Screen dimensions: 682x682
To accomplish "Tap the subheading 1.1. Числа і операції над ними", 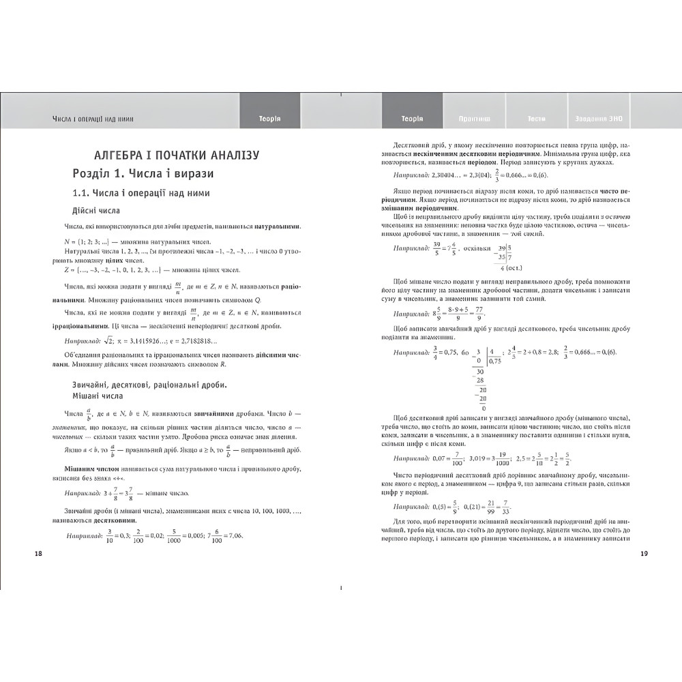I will pyautogui.click(x=141, y=193).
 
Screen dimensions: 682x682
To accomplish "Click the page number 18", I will pyautogui.click(x=38, y=553).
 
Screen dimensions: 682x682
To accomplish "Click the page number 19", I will pyautogui.click(x=644, y=553).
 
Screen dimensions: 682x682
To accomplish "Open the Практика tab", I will pyautogui.click(x=475, y=119).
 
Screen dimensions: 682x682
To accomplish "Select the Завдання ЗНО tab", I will pyautogui.click(x=598, y=119).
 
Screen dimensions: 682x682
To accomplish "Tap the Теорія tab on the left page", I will pyautogui.click(x=270, y=119).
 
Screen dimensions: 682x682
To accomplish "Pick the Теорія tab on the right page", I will pyautogui.click(x=413, y=119).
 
